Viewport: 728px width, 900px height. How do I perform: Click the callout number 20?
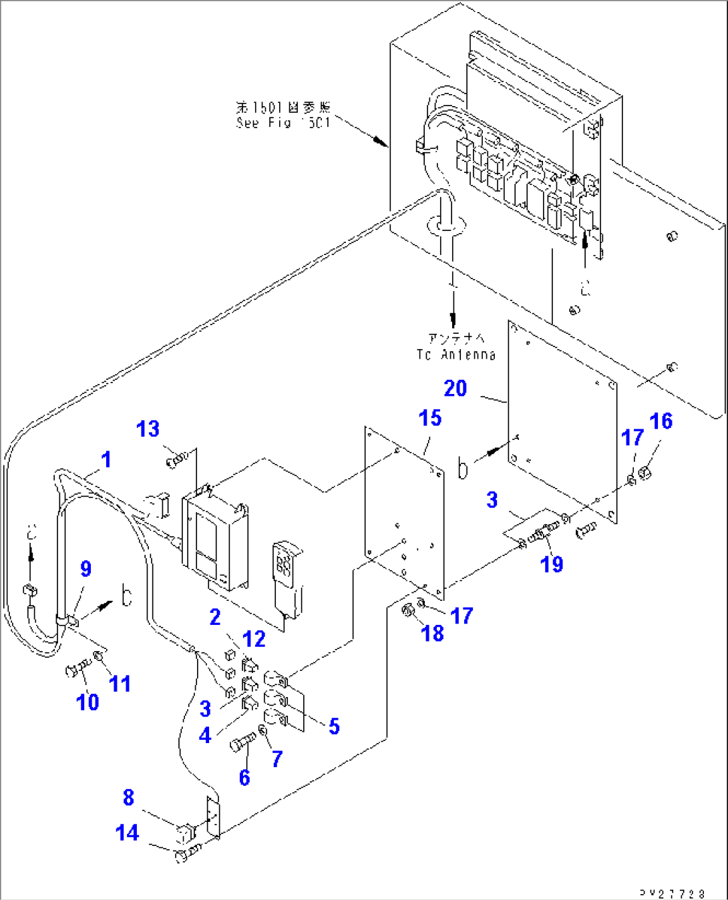click(x=456, y=388)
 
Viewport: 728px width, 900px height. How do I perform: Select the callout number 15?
click(x=430, y=418)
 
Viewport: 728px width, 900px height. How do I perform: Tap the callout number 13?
click(x=148, y=429)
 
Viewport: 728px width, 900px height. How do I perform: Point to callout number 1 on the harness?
click(x=106, y=459)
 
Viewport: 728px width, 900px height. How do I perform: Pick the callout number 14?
click(x=127, y=833)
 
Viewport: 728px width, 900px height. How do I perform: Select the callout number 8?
click(x=128, y=797)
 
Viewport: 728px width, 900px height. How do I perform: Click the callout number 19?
click(x=552, y=564)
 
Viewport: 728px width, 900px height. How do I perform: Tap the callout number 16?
click(x=661, y=421)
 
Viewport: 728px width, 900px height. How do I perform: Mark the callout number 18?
click(x=433, y=633)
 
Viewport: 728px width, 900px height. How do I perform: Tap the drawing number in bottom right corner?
click(x=672, y=893)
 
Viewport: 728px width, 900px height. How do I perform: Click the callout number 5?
click(x=334, y=726)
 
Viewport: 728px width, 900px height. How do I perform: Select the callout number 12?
click(x=254, y=639)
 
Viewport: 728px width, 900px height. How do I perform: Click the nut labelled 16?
click(x=645, y=474)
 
